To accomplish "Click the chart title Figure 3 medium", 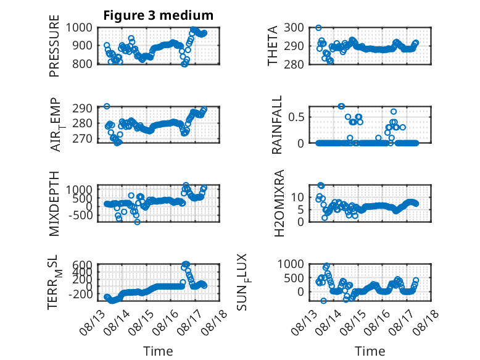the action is tap(159, 15).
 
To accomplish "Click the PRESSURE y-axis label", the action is tap(54, 46).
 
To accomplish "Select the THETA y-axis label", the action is tap(272, 46).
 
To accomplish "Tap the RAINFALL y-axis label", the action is tap(276, 125).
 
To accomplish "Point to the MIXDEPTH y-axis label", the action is tap(54, 204).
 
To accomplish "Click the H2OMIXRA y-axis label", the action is tap(279, 203).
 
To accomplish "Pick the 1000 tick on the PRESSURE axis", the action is tap(79, 28).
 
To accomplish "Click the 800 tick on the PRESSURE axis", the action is tap(82, 64).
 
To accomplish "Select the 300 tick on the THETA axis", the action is tap(294, 28).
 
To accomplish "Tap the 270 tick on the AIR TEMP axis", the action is tap(82, 139).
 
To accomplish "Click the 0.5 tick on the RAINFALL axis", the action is tap(296, 117).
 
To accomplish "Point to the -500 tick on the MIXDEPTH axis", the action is tap(80, 215).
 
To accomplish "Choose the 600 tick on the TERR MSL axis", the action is tap(82, 264).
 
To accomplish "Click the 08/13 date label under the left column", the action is tap(91, 322).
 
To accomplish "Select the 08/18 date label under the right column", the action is tap(426, 322).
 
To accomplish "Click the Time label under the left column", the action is tap(159, 351).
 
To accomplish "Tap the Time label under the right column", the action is tap(370, 351).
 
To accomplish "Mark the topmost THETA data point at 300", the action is tap(318, 28).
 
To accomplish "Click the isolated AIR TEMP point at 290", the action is tap(107, 106).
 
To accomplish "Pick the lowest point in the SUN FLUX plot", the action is tap(323, 301).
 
